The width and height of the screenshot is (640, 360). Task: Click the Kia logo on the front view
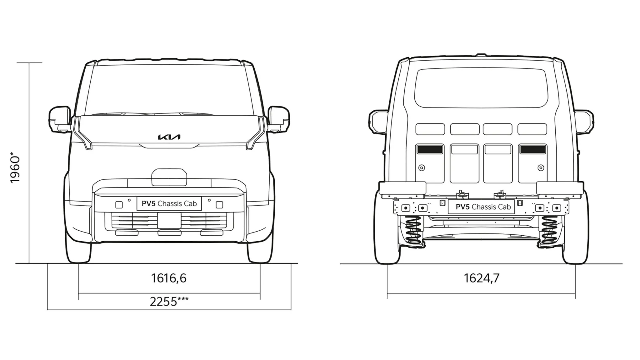click(x=169, y=137)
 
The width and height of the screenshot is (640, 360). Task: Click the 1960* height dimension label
click(x=15, y=167)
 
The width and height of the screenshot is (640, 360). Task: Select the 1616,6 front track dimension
click(x=169, y=278)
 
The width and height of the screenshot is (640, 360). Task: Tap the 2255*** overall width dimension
click(x=169, y=302)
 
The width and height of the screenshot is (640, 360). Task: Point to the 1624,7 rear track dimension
click(x=481, y=278)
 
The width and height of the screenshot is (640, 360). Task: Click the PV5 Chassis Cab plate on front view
click(x=169, y=203)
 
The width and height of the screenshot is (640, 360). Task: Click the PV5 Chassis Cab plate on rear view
click(x=481, y=207)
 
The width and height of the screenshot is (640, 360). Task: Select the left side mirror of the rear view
click(x=378, y=122)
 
